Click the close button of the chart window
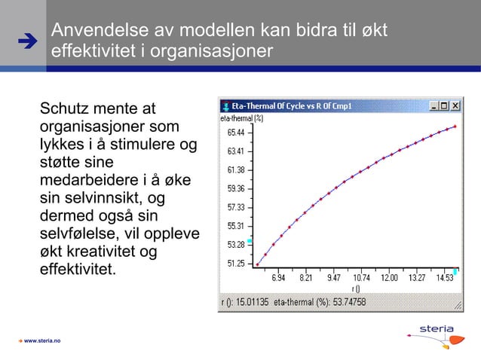pos(455,106)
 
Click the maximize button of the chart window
pos(445,106)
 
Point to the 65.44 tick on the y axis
pos(235,133)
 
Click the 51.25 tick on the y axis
pos(235,264)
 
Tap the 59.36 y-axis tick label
pos(235,188)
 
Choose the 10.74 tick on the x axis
pos(361,278)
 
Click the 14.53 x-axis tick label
pos(444,278)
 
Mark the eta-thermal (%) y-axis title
pos(241,118)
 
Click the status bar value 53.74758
pos(348,303)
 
